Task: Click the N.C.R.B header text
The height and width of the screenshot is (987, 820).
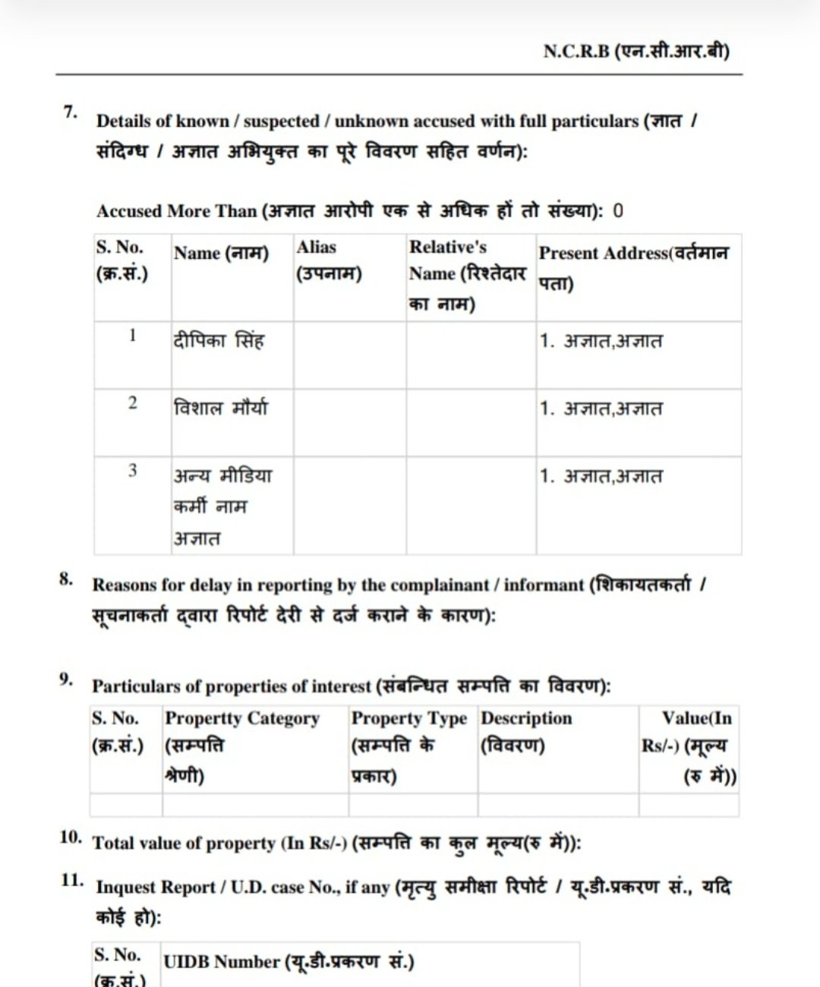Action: [636, 52]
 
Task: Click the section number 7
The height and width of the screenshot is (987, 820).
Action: [71, 112]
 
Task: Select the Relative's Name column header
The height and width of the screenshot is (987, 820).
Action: [467, 275]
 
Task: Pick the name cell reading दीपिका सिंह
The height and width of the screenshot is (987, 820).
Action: [219, 341]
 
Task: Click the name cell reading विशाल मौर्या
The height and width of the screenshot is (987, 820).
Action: [221, 408]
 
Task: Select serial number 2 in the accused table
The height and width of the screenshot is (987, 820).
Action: [133, 402]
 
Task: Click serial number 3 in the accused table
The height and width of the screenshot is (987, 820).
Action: [133, 471]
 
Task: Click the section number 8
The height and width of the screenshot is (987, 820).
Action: [67, 579]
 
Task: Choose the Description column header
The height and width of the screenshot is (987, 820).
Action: [526, 730]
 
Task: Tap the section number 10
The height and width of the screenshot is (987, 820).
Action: [71, 837]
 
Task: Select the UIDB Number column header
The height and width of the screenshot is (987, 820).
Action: [289, 962]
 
